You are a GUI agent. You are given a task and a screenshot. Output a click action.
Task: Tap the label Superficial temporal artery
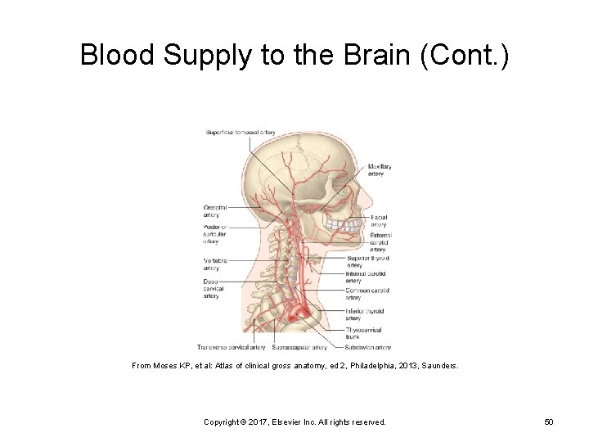click(x=241, y=132)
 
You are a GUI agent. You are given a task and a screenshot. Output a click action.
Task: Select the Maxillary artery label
click(x=380, y=170)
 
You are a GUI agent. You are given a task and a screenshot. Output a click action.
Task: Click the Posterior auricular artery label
click(x=214, y=234)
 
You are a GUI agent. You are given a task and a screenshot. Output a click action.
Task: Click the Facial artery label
click(x=379, y=221)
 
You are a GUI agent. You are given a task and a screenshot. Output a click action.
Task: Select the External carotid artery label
click(x=380, y=242)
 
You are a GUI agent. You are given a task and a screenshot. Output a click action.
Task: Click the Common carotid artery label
click(x=366, y=294)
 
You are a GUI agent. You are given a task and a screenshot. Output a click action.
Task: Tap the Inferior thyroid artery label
click(x=365, y=314)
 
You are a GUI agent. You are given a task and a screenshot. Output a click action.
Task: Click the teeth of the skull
click(x=343, y=222)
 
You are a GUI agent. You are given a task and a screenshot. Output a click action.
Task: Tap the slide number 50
click(x=548, y=422)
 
